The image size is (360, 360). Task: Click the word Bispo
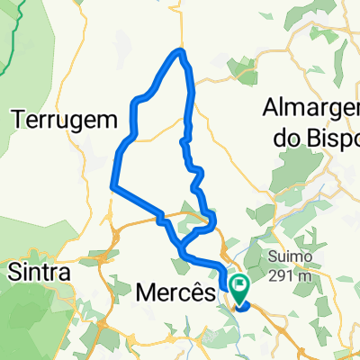[x=333, y=137]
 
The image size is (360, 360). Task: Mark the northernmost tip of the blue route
[x=182, y=51]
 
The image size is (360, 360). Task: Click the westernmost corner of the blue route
[x=112, y=186]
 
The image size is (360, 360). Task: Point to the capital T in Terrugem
[x=16, y=118]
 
